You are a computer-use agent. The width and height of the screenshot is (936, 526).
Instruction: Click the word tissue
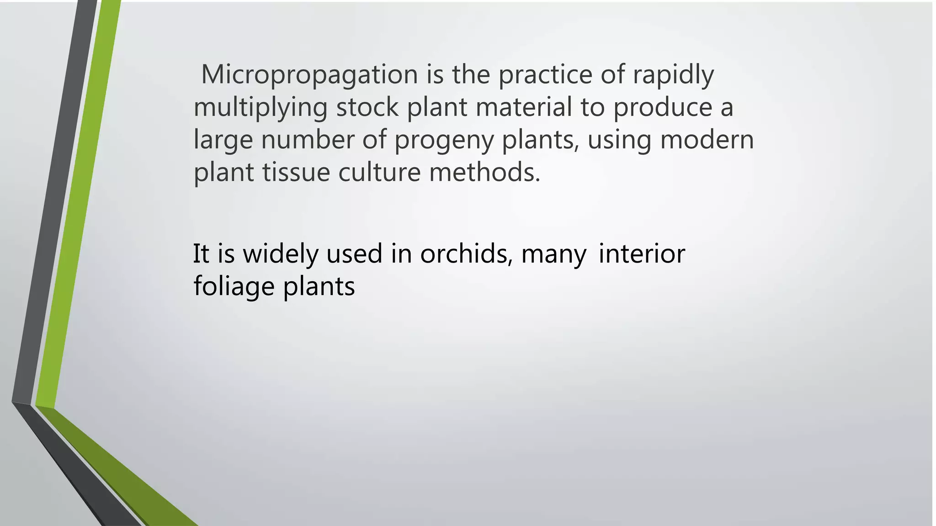pyautogui.click(x=296, y=173)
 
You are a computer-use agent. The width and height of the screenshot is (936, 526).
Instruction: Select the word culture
pyautogui.click(x=379, y=173)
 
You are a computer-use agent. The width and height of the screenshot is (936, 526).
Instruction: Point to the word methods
pyautogui.click(x=484, y=173)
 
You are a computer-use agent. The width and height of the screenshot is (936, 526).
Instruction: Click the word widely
pyautogui.click(x=280, y=254)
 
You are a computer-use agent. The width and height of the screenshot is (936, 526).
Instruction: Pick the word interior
pyautogui.click(x=642, y=254)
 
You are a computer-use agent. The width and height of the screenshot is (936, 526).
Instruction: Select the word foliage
pyautogui.click(x=234, y=287)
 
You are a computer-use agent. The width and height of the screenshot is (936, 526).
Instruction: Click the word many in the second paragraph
pyautogui.click(x=554, y=255)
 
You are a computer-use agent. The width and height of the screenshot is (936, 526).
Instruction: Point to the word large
pyautogui.click(x=223, y=140)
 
